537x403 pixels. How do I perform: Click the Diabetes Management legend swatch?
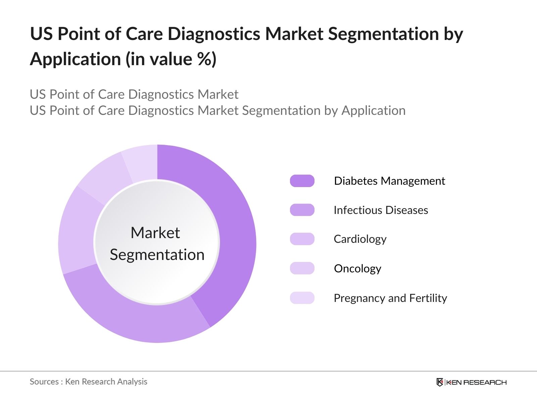[x=302, y=181]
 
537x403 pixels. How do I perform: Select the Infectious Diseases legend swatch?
[x=302, y=210]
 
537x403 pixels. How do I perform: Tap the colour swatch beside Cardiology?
[x=302, y=239]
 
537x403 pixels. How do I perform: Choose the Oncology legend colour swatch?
[x=302, y=268]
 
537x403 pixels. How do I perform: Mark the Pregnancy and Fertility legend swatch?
[x=302, y=298]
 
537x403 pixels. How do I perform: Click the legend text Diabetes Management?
[x=389, y=181]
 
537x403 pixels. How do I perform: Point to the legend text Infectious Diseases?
[x=381, y=210]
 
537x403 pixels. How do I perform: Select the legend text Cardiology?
[x=360, y=239]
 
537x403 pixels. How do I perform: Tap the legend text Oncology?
[x=357, y=268]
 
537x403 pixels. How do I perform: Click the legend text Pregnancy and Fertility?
[x=390, y=298]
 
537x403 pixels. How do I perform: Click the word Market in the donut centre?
[x=155, y=232]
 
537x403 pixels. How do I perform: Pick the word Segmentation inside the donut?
[x=157, y=255]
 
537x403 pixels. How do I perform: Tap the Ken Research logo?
[x=471, y=382]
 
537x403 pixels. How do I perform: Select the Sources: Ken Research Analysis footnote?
[x=88, y=382]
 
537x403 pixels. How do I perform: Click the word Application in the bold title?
[x=76, y=59]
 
